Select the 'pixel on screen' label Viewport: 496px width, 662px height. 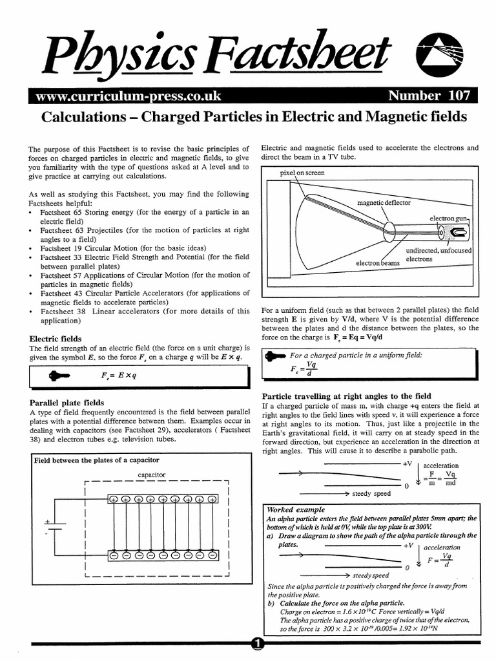[x=302, y=173]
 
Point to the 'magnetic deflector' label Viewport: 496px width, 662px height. [x=384, y=203]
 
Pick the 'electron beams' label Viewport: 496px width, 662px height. [x=378, y=263]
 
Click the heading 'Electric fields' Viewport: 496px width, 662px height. [x=56, y=339]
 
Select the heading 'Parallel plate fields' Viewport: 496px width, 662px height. [x=67, y=402]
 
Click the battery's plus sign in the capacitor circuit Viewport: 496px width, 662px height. [x=46, y=521]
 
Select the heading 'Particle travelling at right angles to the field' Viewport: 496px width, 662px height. [x=346, y=396]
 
